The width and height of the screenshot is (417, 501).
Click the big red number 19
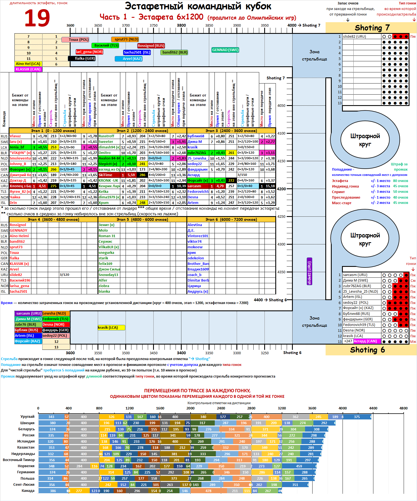point(37,18)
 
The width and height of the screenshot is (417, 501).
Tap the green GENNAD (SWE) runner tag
point(225,50)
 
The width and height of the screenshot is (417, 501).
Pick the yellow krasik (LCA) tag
point(111,328)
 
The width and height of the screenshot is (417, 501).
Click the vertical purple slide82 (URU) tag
point(309,271)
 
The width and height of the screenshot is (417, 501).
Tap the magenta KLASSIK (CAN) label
point(28,69)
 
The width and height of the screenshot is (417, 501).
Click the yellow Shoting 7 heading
point(372,28)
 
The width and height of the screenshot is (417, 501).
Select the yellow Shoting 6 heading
point(367,350)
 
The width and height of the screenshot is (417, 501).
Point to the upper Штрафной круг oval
point(365,140)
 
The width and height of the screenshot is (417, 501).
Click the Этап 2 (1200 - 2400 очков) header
point(142,131)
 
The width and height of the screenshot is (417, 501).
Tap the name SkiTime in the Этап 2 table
point(106,175)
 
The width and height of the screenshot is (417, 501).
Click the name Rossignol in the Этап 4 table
point(18,225)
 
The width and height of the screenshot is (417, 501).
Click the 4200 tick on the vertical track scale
point(281,189)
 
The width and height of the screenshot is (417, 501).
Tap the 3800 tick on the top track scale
point(181,26)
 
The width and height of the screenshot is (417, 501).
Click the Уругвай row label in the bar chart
point(27,417)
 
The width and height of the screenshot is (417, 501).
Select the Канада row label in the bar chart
point(28,491)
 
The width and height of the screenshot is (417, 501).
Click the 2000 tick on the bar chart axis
point(191,408)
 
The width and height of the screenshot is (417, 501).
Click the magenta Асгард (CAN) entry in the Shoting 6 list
point(365,341)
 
